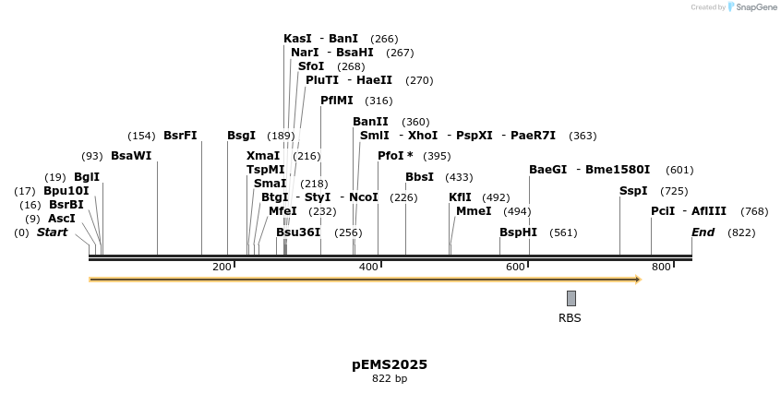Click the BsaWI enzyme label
[130, 156]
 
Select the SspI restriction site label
[632, 191]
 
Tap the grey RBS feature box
[571, 298]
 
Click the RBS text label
[570, 318]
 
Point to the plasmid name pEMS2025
[390, 364]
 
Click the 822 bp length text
[390, 378]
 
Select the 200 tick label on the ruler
[222, 267]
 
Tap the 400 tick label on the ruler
[368, 267]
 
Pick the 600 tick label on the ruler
[515, 267]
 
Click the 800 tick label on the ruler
[661, 267]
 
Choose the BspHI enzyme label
[518, 232]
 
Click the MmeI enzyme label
[474, 211]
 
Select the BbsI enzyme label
[419, 177]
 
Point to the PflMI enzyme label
[336, 101]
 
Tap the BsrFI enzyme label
[180, 136]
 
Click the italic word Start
[52, 232]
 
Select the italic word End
[703, 232]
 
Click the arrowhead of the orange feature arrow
[636, 279]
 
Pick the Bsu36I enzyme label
[297, 232]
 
